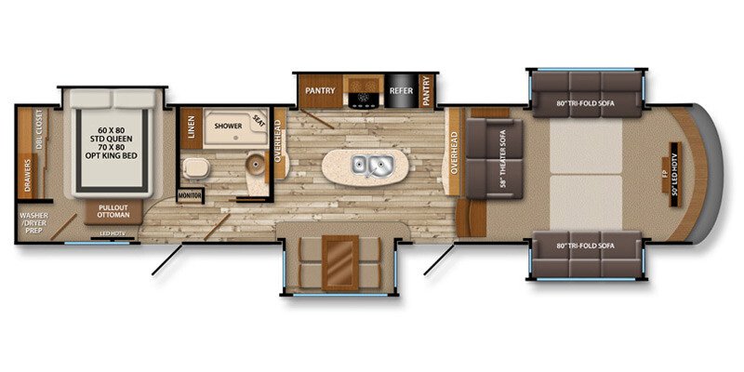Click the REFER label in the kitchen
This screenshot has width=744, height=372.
coord(401,91)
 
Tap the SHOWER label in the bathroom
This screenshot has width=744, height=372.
coord(228,125)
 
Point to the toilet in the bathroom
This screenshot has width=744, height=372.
coord(194,168)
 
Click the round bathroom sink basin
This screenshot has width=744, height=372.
coord(254,167)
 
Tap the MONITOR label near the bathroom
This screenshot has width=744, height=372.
coord(190,195)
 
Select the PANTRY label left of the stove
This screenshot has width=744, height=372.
coord(321,91)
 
